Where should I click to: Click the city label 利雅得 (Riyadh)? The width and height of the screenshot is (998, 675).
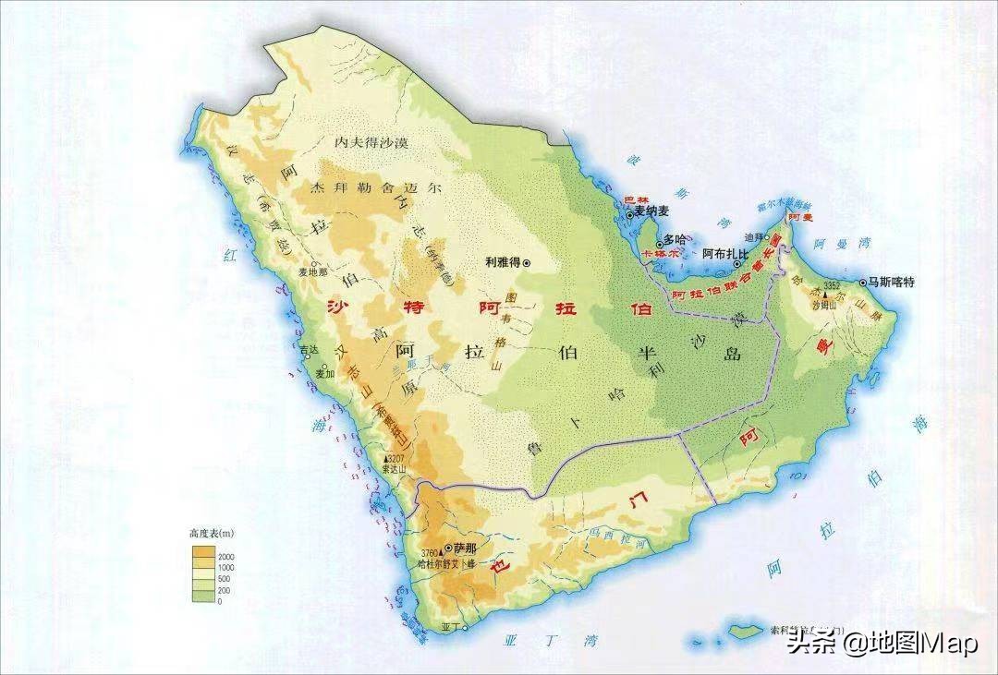[x=502, y=262]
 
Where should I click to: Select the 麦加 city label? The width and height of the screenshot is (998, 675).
[x=323, y=374]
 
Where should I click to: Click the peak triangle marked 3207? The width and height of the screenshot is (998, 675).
[x=385, y=459]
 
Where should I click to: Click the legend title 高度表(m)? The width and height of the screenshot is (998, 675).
[x=212, y=534]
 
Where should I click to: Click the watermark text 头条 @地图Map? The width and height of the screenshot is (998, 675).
[x=882, y=644]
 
